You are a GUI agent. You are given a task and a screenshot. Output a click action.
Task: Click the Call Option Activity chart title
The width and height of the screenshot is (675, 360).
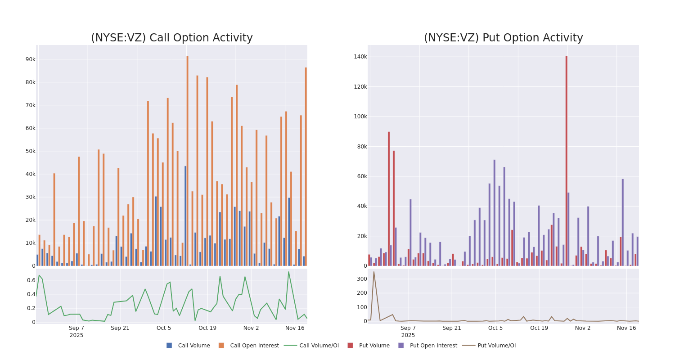(x=171, y=38)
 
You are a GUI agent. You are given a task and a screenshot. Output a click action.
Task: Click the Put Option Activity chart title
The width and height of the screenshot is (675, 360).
(x=503, y=38)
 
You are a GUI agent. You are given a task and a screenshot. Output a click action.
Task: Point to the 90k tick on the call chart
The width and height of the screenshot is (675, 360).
(x=30, y=59)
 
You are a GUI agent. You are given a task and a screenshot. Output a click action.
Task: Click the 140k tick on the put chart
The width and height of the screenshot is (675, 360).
(x=360, y=57)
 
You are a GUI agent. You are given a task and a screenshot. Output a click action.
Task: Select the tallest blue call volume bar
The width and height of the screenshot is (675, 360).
(x=185, y=216)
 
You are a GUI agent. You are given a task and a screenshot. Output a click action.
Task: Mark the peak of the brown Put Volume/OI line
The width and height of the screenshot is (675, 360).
(x=373, y=272)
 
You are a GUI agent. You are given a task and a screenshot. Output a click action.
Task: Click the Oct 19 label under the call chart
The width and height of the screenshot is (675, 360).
(x=207, y=328)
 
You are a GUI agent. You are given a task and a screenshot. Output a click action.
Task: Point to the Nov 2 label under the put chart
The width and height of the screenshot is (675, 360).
(x=583, y=328)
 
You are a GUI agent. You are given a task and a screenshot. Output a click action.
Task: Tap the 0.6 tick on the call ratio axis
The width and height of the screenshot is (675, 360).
(x=31, y=280)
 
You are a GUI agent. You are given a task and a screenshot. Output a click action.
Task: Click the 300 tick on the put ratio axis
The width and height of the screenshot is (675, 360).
(x=361, y=279)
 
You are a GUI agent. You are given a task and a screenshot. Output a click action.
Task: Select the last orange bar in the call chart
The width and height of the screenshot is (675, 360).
(x=306, y=166)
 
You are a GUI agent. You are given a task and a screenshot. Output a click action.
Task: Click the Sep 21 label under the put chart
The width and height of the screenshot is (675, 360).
(x=452, y=328)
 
